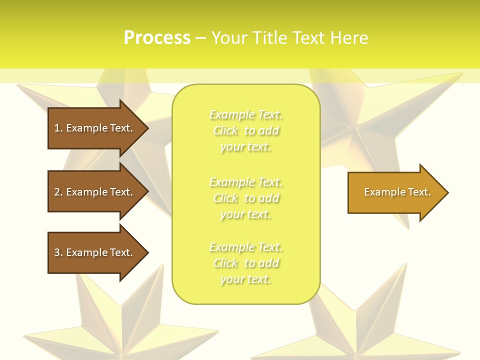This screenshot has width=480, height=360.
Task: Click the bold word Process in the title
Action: pyautogui.click(x=157, y=38)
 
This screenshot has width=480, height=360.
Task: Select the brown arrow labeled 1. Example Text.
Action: pyautogui.click(x=95, y=128)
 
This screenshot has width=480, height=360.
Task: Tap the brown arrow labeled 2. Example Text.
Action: pyautogui.click(x=95, y=192)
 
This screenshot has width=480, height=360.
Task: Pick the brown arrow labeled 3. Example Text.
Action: pyautogui.click(x=95, y=252)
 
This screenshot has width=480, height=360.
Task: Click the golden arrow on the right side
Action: pyautogui.click(x=395, y=192)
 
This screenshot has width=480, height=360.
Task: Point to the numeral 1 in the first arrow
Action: pyautogui.click(x=57, y=128)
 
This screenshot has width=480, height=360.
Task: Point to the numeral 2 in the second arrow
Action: pyautogui.click(x=57, y=192)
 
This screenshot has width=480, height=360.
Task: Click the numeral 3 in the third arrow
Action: pyautogui.click(x=57, y=252)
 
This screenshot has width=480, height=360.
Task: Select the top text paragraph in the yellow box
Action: pyautogui.click(x=246, y=130)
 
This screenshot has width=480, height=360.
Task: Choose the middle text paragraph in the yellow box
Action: pyautogui.click(x=246, y=198)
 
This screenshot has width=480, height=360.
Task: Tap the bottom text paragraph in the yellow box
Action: pyautogui.click(x=246, y=263)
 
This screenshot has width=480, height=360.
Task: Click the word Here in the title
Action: pyautogui.click(x=350, y=38)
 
